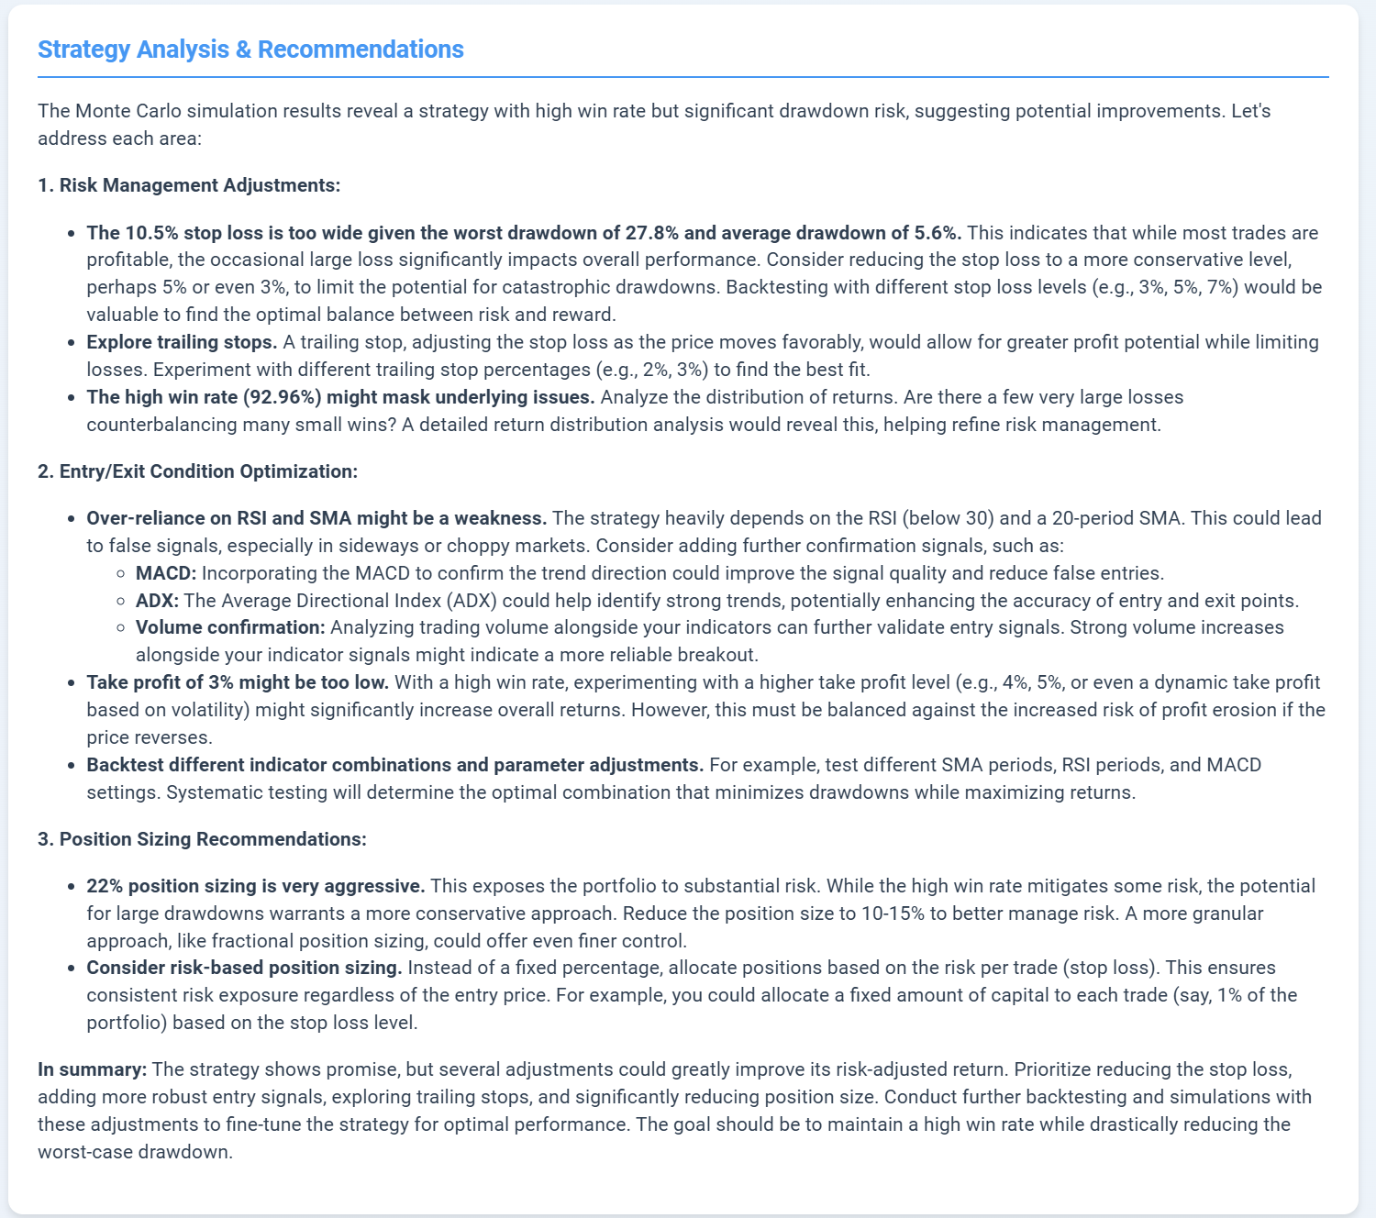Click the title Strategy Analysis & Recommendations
click(x=250, y=50)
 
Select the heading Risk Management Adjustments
click(x=199, y=185)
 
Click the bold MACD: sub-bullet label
click(x=166, y=573)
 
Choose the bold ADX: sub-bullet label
click(x=158, y=601)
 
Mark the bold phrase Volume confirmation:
click(x=230, y=627)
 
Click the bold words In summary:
click(x=92, y=1069)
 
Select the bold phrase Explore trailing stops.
click(x=182, y=342)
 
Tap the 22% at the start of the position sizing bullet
click(x=105, y=886)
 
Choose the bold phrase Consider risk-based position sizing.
click(x=244, y=968)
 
